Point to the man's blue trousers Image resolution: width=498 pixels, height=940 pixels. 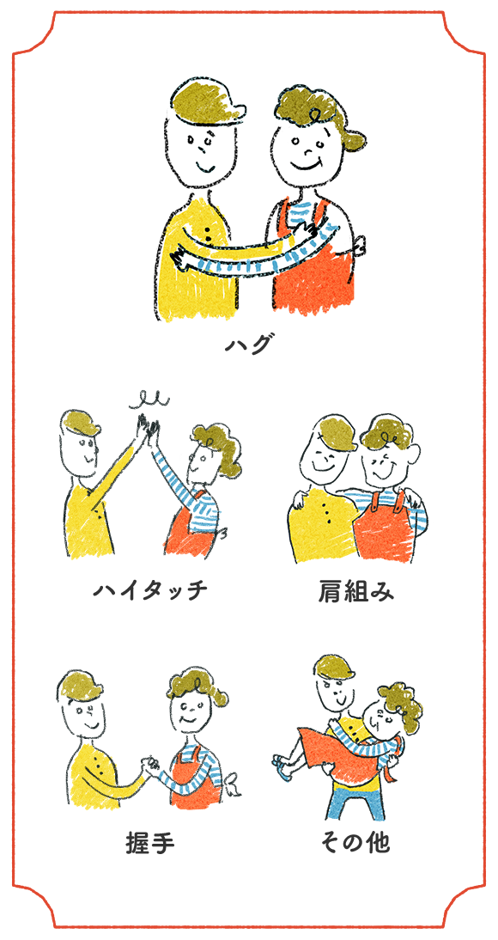[354, 801]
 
